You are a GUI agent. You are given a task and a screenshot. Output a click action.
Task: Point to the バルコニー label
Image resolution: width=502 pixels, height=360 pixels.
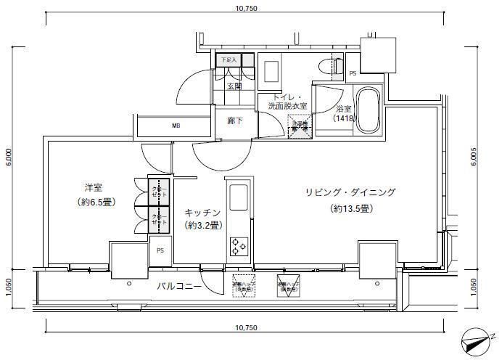[x=178, y=286]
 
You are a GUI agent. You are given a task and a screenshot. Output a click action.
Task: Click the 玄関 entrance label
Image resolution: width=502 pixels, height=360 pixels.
[x=234, y=86]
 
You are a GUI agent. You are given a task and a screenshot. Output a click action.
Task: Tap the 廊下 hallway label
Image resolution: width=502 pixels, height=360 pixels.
[x=234, y=120]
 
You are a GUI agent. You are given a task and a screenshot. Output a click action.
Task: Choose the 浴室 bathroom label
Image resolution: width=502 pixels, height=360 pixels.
[x=344, y=108]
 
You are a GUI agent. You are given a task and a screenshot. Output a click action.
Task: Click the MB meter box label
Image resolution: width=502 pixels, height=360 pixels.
[x=176, y=126]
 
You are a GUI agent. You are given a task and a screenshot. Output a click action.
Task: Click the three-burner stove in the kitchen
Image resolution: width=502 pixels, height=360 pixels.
[x=238, y=246]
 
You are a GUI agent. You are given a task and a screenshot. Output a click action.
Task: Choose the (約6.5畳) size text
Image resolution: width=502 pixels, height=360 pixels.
[x=96, y=202]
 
